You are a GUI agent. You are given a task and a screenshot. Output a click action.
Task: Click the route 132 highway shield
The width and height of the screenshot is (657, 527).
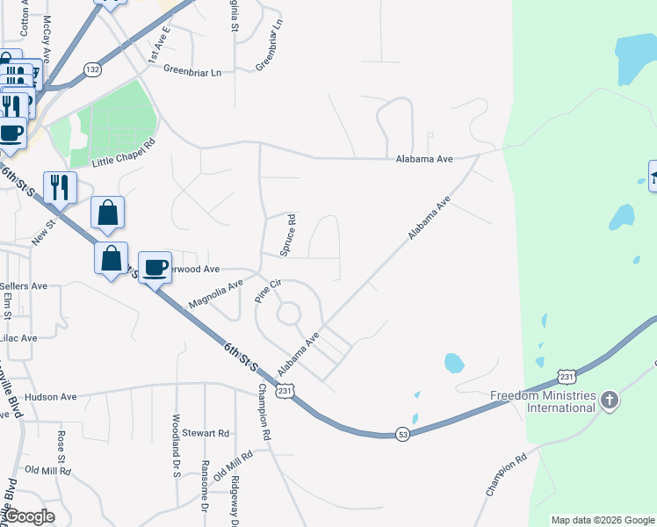point(92,69)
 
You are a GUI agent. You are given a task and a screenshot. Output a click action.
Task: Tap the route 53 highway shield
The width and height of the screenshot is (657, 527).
point(401,435)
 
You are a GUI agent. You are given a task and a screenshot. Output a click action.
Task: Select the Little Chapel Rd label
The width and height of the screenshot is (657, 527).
point(124,153)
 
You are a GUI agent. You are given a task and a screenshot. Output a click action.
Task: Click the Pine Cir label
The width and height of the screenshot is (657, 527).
point(268,290)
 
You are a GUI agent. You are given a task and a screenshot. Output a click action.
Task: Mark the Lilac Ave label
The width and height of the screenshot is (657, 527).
point(18,337)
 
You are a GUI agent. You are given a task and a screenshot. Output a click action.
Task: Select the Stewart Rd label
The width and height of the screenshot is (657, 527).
point(206,433)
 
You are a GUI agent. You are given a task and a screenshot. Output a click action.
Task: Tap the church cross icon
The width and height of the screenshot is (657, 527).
point(610,401)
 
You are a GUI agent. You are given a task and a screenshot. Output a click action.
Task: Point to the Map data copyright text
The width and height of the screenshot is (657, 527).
point(603,520)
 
